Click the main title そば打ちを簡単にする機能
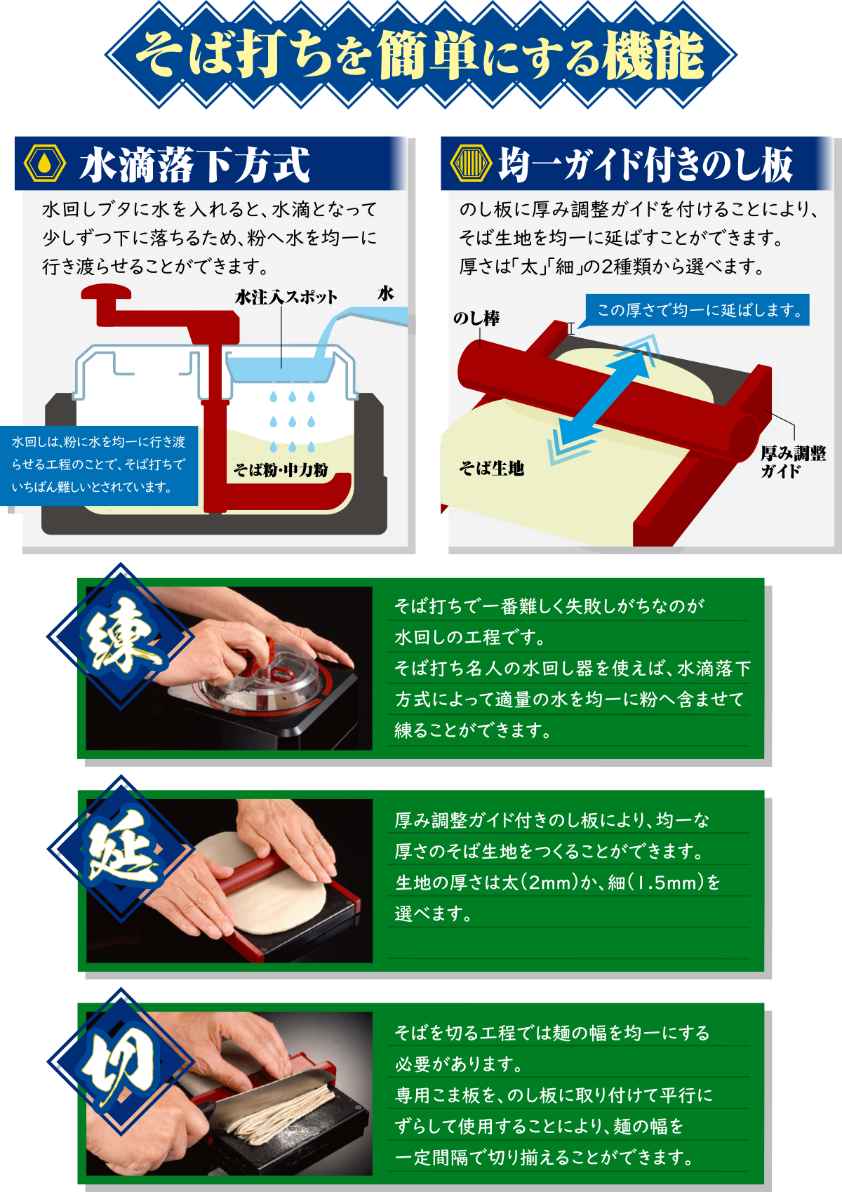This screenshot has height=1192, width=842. click(x=420, y=55)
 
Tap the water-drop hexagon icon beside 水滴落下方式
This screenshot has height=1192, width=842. click(x=45, y=163)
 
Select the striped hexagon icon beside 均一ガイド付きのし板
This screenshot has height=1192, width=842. click(x=471, y=163)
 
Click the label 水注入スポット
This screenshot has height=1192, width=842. click(x=286, y=297)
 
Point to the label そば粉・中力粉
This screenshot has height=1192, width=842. click(x=281, y=469)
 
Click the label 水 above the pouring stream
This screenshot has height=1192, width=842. click(x=385, y=293)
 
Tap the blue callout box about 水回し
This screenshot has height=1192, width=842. click(x=99, y=465)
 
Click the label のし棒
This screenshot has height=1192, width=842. click(x=476, y=319)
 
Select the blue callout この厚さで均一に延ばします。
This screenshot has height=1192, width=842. click(x=697, y=309)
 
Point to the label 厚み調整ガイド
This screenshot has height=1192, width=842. click(x=793, y=462)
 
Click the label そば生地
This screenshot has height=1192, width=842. click(x=492, y=468)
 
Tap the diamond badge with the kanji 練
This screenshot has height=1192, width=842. click(x=121, y=636)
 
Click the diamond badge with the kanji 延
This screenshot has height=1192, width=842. click(x=121, y=848)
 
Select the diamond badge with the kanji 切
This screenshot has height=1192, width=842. click(x=121, y=1061)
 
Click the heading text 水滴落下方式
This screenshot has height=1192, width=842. click(x=195, y=164)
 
